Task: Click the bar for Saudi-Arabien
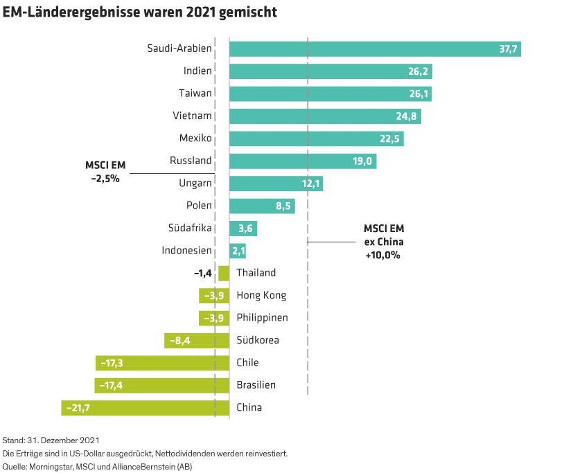pos(374,48)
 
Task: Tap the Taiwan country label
pos(195,93)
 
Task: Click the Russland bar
pos(302,161)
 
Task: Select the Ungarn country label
pos(195,184)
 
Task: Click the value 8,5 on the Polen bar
pos(284,206)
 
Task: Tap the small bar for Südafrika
pos(241,229)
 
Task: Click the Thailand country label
pos(256,273)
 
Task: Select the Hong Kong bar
pos(213,296)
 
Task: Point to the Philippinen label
pos(262,318)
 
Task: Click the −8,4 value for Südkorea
pos(180,341)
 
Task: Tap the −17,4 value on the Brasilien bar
pos(113,386)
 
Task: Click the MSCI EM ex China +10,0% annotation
pos(384,242)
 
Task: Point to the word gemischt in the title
pos(247,13)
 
